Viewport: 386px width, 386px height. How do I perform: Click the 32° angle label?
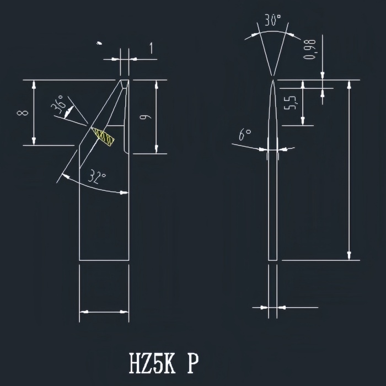[x=97, y=176]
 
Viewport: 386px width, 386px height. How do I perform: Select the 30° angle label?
[x=273, y=20]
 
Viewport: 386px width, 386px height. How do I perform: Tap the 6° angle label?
[x=245, y=135]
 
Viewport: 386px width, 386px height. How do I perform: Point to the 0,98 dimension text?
[x=309, y=49]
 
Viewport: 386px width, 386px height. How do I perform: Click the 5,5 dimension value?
[x=290, y=102]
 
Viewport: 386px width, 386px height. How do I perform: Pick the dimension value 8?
[x=23, y=112]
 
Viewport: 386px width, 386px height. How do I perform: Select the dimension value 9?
[x=146, y=116]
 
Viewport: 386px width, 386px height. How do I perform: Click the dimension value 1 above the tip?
[x=151, y=48]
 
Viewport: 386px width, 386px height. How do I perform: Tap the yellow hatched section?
[x=103, y=137]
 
